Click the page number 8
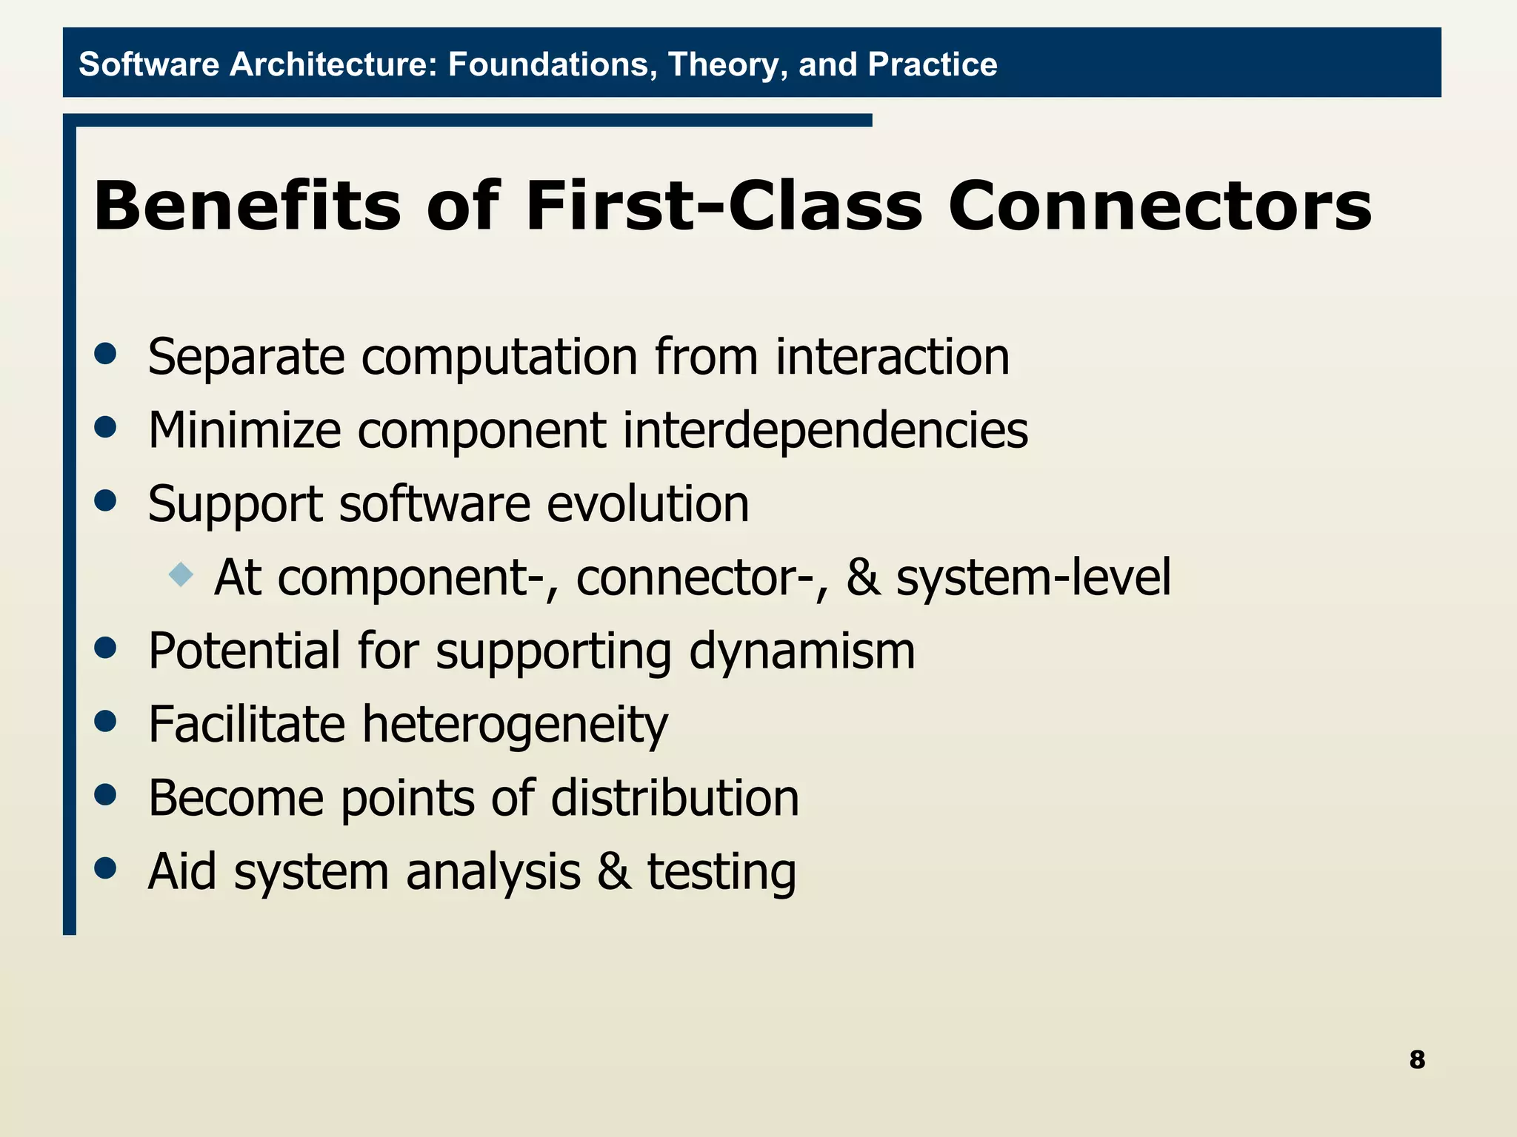pyautogui.click(x=1417, y=1060)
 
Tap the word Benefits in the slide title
pyautogui.click(x=247, y=207)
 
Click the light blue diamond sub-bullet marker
pyautogui.click(x=181, y=574)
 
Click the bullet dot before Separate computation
pyautogui.click(x=106, y=354)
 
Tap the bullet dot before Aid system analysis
pyautogui.click(x=106, y=868)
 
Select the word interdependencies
pyautogui.click(x=825, y=431)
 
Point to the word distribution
pyautogui.click(x=675, y=799)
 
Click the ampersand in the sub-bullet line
pyautogui.click(x=864, y=578)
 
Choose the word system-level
pyautogui.click(x=1033, y=578)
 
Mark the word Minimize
pyautogui.click(x=244, y=431)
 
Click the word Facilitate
pyautogui.click(x=247, y=725)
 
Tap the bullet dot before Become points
pyautogui.click(x=106, y=794)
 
